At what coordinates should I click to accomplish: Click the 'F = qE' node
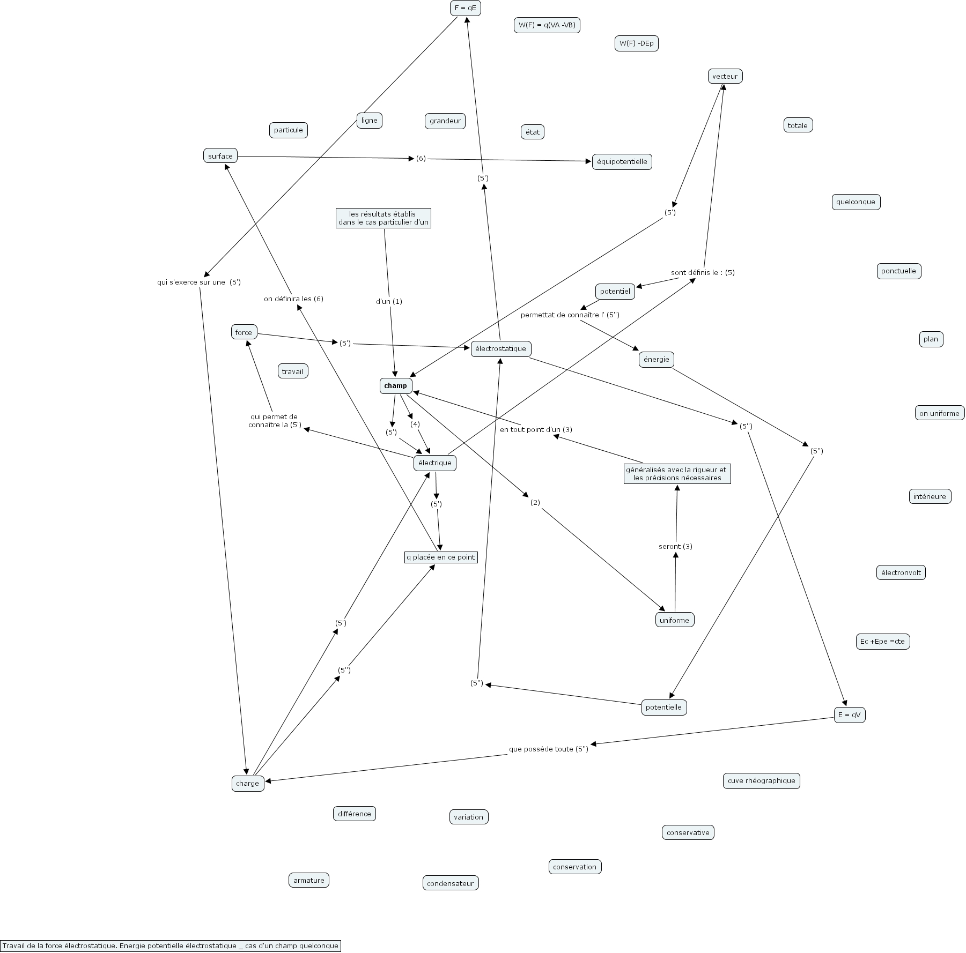pos(465,8)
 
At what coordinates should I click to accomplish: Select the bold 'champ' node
pos(396,386)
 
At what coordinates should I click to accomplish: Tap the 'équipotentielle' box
pos(622,161)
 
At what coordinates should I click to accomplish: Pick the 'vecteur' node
pos(725,76)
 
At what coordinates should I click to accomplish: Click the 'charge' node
pos(247,783)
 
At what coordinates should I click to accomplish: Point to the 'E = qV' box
pos(850,714)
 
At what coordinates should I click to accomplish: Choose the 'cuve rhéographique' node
pos(761,780)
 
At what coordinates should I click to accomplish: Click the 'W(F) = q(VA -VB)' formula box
pos(547,25)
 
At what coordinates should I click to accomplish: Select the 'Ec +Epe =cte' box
pos(882,641)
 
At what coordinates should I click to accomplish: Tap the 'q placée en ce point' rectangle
pos(440,557)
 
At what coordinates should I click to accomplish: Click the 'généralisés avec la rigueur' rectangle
pos(677,473)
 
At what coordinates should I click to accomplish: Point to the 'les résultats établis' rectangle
pos(384,218)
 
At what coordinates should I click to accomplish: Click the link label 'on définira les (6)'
pos(293,299)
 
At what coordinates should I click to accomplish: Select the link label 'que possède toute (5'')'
pos(548,749)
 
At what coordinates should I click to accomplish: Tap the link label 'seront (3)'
pos(675,546)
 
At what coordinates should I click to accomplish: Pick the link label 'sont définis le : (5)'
pos(703,272)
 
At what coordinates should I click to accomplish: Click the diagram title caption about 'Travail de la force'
pos(171,945)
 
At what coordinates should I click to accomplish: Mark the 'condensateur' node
pos(450,883)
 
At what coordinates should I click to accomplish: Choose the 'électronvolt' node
pos(901,572)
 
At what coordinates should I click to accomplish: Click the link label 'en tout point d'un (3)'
pos(536,429)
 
